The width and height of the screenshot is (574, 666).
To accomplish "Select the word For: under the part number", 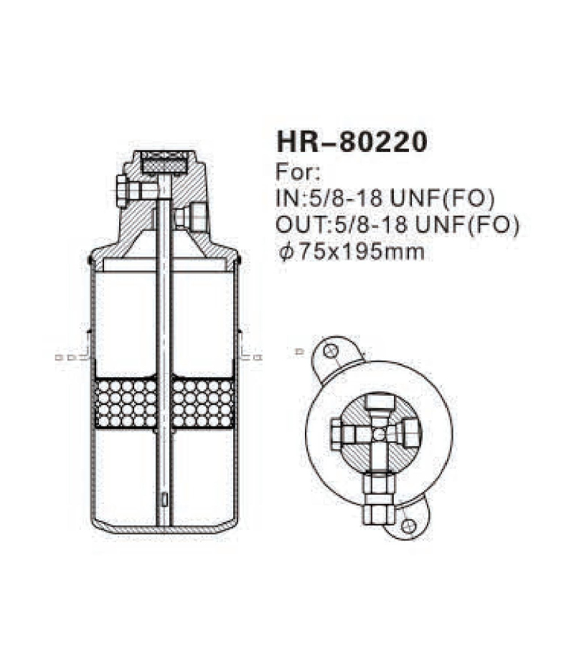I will point(296,173).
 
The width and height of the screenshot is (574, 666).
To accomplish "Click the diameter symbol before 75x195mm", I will point(284,252).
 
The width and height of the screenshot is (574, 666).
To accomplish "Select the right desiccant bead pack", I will point(203,404).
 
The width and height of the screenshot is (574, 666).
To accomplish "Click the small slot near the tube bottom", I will point(165,499).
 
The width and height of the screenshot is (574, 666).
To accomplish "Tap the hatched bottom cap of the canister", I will point(164,527).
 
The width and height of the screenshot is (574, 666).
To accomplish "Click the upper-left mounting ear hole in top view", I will point(330,352).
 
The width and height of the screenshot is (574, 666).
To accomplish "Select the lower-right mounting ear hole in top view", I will point(408,527).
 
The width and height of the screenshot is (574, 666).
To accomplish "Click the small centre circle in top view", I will point(378,432).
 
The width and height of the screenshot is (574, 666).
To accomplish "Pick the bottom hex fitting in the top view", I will point(377,498).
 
